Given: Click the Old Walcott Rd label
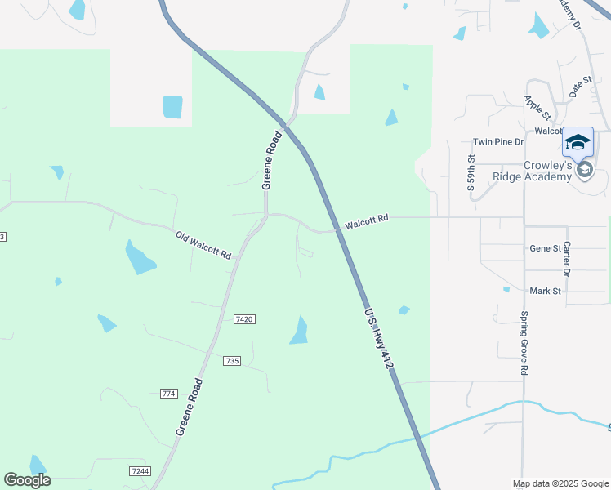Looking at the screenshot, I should (x=203, y=246).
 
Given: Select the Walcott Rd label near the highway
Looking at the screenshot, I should (x=366, y=220).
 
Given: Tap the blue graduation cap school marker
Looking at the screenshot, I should (x=578, y=142).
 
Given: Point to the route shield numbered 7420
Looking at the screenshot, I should (x=244, y=319).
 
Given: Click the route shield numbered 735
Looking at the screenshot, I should (x=232, y=360).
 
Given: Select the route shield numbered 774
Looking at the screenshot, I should (x=169, y=394).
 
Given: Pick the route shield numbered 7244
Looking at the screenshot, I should (x=140, y=471).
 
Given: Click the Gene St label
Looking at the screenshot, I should (x=546, y=248).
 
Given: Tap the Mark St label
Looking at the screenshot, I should (x=545, y=291).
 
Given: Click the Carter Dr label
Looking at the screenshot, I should (x=566, y=257).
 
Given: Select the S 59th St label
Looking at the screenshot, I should (x=471, y=172).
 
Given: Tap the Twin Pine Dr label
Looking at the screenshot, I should (x=498, y=141).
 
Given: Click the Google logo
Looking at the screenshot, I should (x=27, y=480).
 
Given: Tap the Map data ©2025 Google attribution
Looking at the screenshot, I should (x=560, y=483).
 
